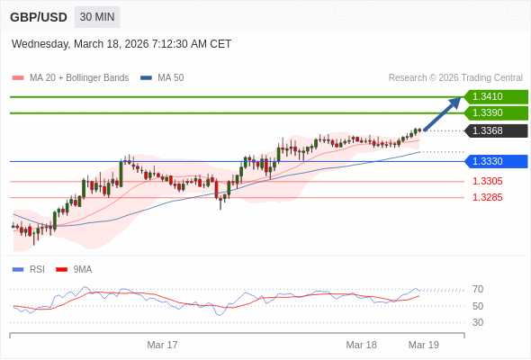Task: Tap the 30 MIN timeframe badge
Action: tap(97, 17)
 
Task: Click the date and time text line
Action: tap(121, 43)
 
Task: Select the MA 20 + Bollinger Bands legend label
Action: tap(79, 77)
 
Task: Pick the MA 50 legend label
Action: tap(170, 77)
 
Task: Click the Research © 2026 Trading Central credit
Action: tap(455, 77)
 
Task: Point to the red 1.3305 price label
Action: tap(487, 181)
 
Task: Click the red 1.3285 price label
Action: tap(487, 197)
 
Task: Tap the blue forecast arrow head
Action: tap(455, 102)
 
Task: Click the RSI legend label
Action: tap(37, 269)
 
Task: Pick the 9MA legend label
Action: tap(83, 269)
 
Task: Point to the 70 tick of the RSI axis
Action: tap(478, 289)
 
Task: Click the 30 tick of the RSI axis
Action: tap(478, 322)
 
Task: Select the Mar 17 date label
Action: tap(163, 345)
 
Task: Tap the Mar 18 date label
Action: tap(361, 345)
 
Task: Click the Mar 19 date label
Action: tap(423, 345)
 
